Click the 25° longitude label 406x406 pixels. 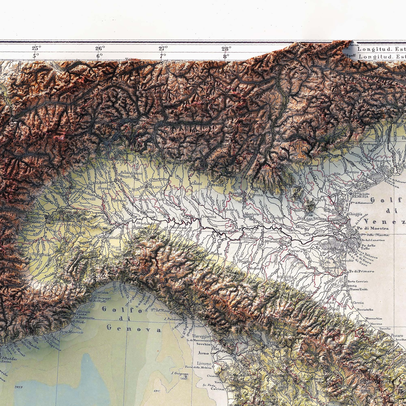tap(36, 48)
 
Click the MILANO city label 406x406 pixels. tap(155, 187)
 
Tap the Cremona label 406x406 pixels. tap(209, 217)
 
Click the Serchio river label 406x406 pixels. tap(203, 344)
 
